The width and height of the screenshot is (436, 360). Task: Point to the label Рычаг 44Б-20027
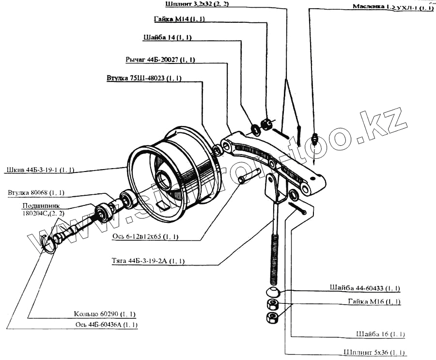[x=160, y=60]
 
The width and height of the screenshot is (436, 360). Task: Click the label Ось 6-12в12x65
[x=146, y=237]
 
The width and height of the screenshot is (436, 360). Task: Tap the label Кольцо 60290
[x=105, y=313]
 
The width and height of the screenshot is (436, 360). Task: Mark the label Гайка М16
[x=374, y=301]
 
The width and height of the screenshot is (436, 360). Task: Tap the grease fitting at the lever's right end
[x=315, y=138]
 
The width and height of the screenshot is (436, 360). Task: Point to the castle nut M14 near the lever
[x=266, y=125]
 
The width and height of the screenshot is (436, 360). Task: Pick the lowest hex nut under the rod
[x=272, y=318]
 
